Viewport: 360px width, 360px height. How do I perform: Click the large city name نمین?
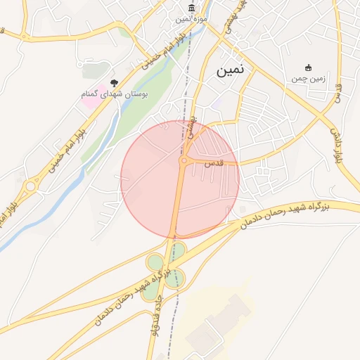[230, 71]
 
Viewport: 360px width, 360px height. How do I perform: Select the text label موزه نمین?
[182, 19]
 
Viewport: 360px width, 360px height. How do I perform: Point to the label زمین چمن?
[307, 78]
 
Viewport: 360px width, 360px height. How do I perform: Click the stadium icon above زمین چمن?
[307, 67]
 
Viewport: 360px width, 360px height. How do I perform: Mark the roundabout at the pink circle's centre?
[184, 162]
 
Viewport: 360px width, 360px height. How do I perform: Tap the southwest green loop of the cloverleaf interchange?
[150, 291]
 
